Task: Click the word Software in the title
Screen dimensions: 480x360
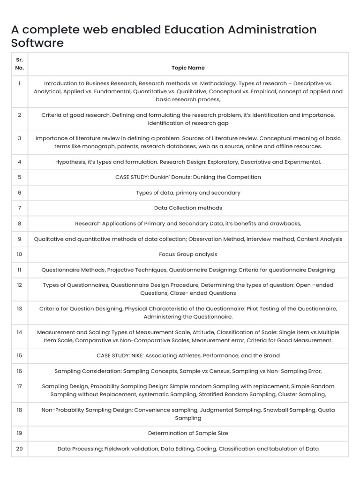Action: tap(37, 43)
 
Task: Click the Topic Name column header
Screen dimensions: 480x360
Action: tap(188, 68)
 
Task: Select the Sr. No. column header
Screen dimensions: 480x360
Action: tap(19, 64)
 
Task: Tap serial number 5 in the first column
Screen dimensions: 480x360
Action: tap(19, 177)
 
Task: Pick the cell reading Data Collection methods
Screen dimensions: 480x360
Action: tap(188, 208)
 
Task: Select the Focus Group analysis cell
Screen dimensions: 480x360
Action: tap(188, 255)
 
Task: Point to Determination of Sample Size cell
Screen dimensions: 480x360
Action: tap(188, 433)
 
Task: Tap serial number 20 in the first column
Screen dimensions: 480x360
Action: tap(19, 449)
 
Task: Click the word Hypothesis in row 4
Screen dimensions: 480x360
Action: tap(71, 162)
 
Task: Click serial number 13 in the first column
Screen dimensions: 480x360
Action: tap(19, 309)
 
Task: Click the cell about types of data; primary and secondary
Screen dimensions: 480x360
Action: tap(188, 193)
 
